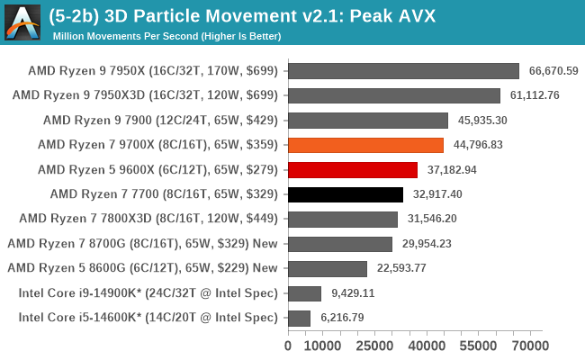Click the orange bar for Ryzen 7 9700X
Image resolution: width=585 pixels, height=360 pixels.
[365, 145]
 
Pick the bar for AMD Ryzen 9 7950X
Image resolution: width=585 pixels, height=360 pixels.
[403, 71]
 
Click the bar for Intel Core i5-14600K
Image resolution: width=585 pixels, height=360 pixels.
[299, 318]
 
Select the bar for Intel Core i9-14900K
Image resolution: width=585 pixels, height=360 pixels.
[304, 293]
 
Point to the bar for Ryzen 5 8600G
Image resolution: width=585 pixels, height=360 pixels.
[328, 268]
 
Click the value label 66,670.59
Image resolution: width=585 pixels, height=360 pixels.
[553, 71]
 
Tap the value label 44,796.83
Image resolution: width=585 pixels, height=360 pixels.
[478, 145]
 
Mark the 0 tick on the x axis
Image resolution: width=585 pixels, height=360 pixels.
[288, 345]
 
